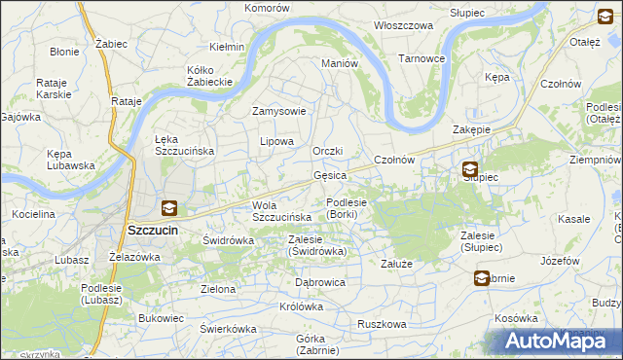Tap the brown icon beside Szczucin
pos(168,207)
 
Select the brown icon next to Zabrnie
pos(482,278)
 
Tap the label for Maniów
pos(341,63)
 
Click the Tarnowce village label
pos(421,58)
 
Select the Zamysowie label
pos(279,111)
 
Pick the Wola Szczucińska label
pos(281,211)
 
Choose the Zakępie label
pos(471,129)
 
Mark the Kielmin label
pos(227,47)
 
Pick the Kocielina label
pos(31,212)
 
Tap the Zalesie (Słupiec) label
pos(488,241)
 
